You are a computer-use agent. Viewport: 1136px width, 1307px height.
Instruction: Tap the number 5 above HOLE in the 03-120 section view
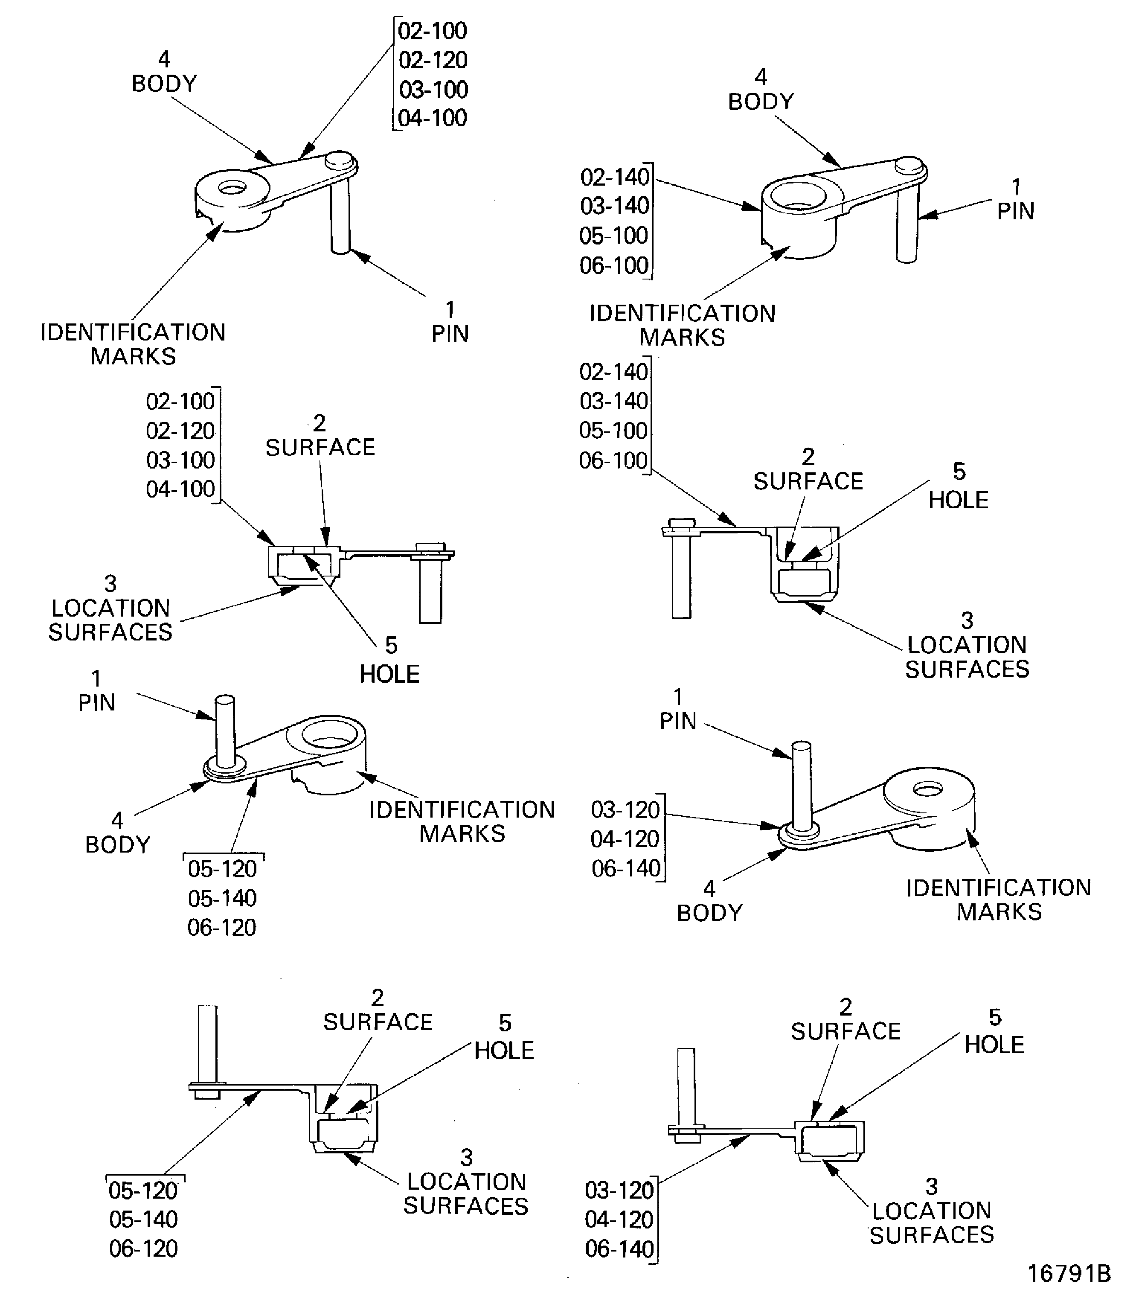(995, 1017)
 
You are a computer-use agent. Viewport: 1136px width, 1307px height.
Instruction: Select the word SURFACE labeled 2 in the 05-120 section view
(378, 1022)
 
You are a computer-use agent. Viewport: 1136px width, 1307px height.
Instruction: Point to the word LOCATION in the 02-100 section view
(111, 608)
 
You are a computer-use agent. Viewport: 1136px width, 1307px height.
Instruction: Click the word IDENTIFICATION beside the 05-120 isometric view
(462, 810)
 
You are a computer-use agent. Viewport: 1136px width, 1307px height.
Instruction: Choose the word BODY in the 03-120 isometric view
(709, 913)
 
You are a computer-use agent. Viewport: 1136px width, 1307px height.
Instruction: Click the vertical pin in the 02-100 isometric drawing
(340, 219)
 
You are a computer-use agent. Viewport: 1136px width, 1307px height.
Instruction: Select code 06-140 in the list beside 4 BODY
(626, 868)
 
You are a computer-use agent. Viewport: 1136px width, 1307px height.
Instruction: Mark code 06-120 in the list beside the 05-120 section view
(143, 1249)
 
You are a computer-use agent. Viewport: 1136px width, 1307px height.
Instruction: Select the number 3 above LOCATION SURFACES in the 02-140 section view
(967, 620)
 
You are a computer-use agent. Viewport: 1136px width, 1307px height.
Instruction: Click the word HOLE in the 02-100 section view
(389, 674)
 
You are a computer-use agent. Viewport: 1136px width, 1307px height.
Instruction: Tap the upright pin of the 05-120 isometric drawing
(226, 729)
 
